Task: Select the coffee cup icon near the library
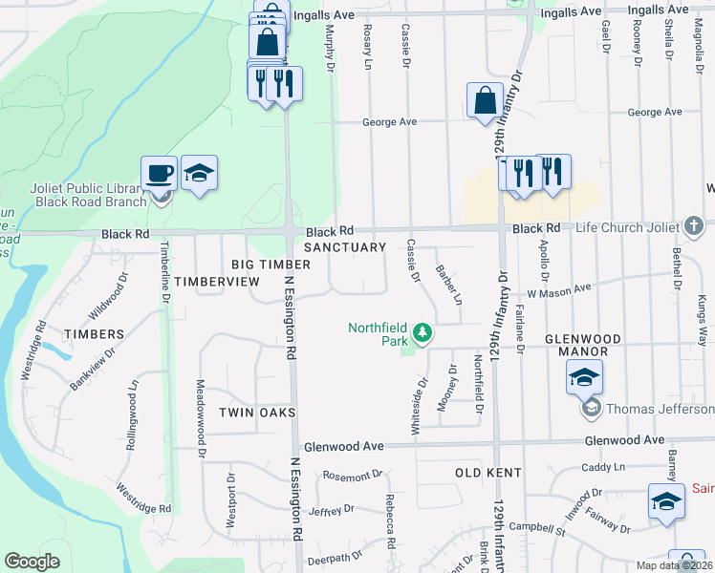160,174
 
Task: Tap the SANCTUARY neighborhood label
345,246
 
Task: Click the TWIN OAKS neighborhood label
256,412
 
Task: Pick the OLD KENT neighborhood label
487,473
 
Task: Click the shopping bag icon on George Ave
485,101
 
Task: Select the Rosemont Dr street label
352,474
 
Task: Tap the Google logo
32,562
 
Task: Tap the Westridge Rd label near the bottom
143,497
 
